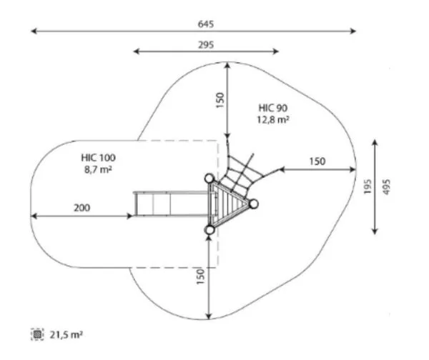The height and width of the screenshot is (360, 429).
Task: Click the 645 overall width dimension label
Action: click(206, 24)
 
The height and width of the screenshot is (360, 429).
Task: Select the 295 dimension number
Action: click(206, 44)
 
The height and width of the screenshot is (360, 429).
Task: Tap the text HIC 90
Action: click(273, 108)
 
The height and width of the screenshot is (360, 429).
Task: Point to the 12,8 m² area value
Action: click(273, 120)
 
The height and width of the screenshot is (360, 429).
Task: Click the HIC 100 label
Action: click(99, 157)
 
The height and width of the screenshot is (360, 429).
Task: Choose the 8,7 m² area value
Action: click(99, 169)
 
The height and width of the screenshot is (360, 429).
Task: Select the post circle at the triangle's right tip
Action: click(252, 204)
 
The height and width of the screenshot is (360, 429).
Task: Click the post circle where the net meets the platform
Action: click(209, 179)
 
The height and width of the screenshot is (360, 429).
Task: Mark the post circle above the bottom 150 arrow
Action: click(209, 229)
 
